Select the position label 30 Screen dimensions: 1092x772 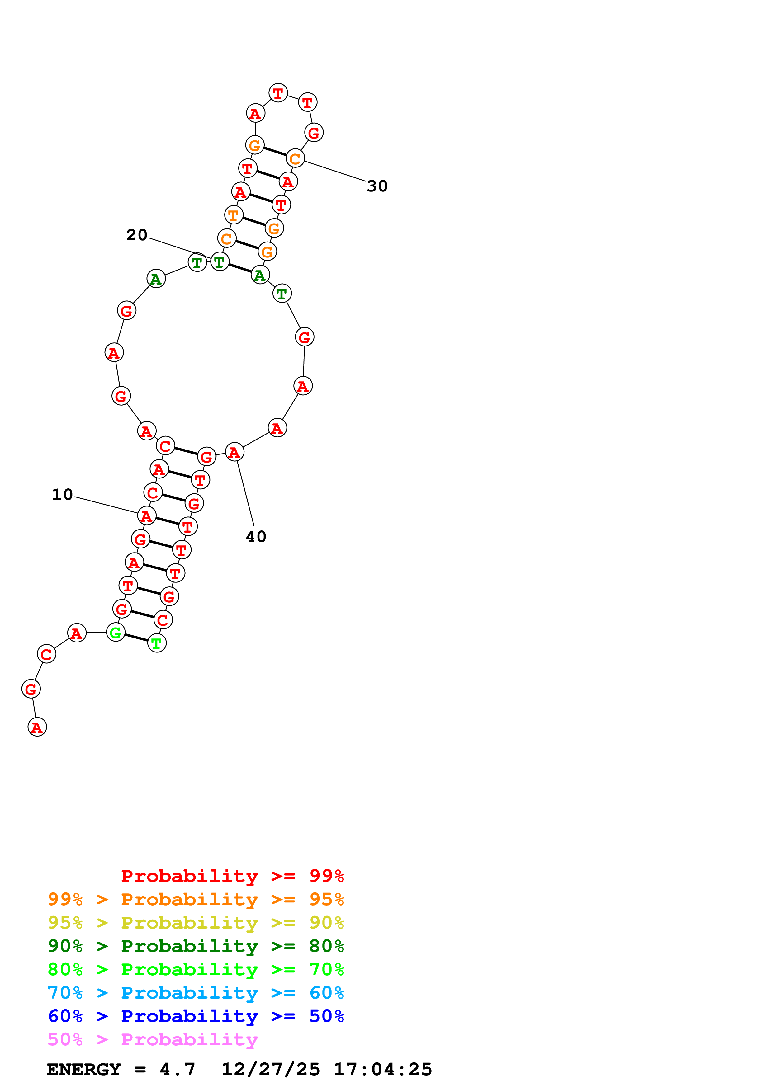coord(377,186)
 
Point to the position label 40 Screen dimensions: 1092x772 coord(256,536)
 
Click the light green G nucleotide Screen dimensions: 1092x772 coord(116,633)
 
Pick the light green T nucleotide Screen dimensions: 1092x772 coord(157,643)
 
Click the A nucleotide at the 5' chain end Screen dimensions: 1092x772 coord(37,727)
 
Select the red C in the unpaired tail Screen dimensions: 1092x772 coord(46,654)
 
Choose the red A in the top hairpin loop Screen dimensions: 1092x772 coord(255,114)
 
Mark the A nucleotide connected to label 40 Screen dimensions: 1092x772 coord(234,452)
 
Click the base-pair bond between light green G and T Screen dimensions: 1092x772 coord(136,638)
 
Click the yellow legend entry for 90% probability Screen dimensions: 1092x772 coord(196,923)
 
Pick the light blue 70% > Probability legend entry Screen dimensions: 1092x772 coord(196,993)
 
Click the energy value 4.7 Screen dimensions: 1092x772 coord(178,1069)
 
